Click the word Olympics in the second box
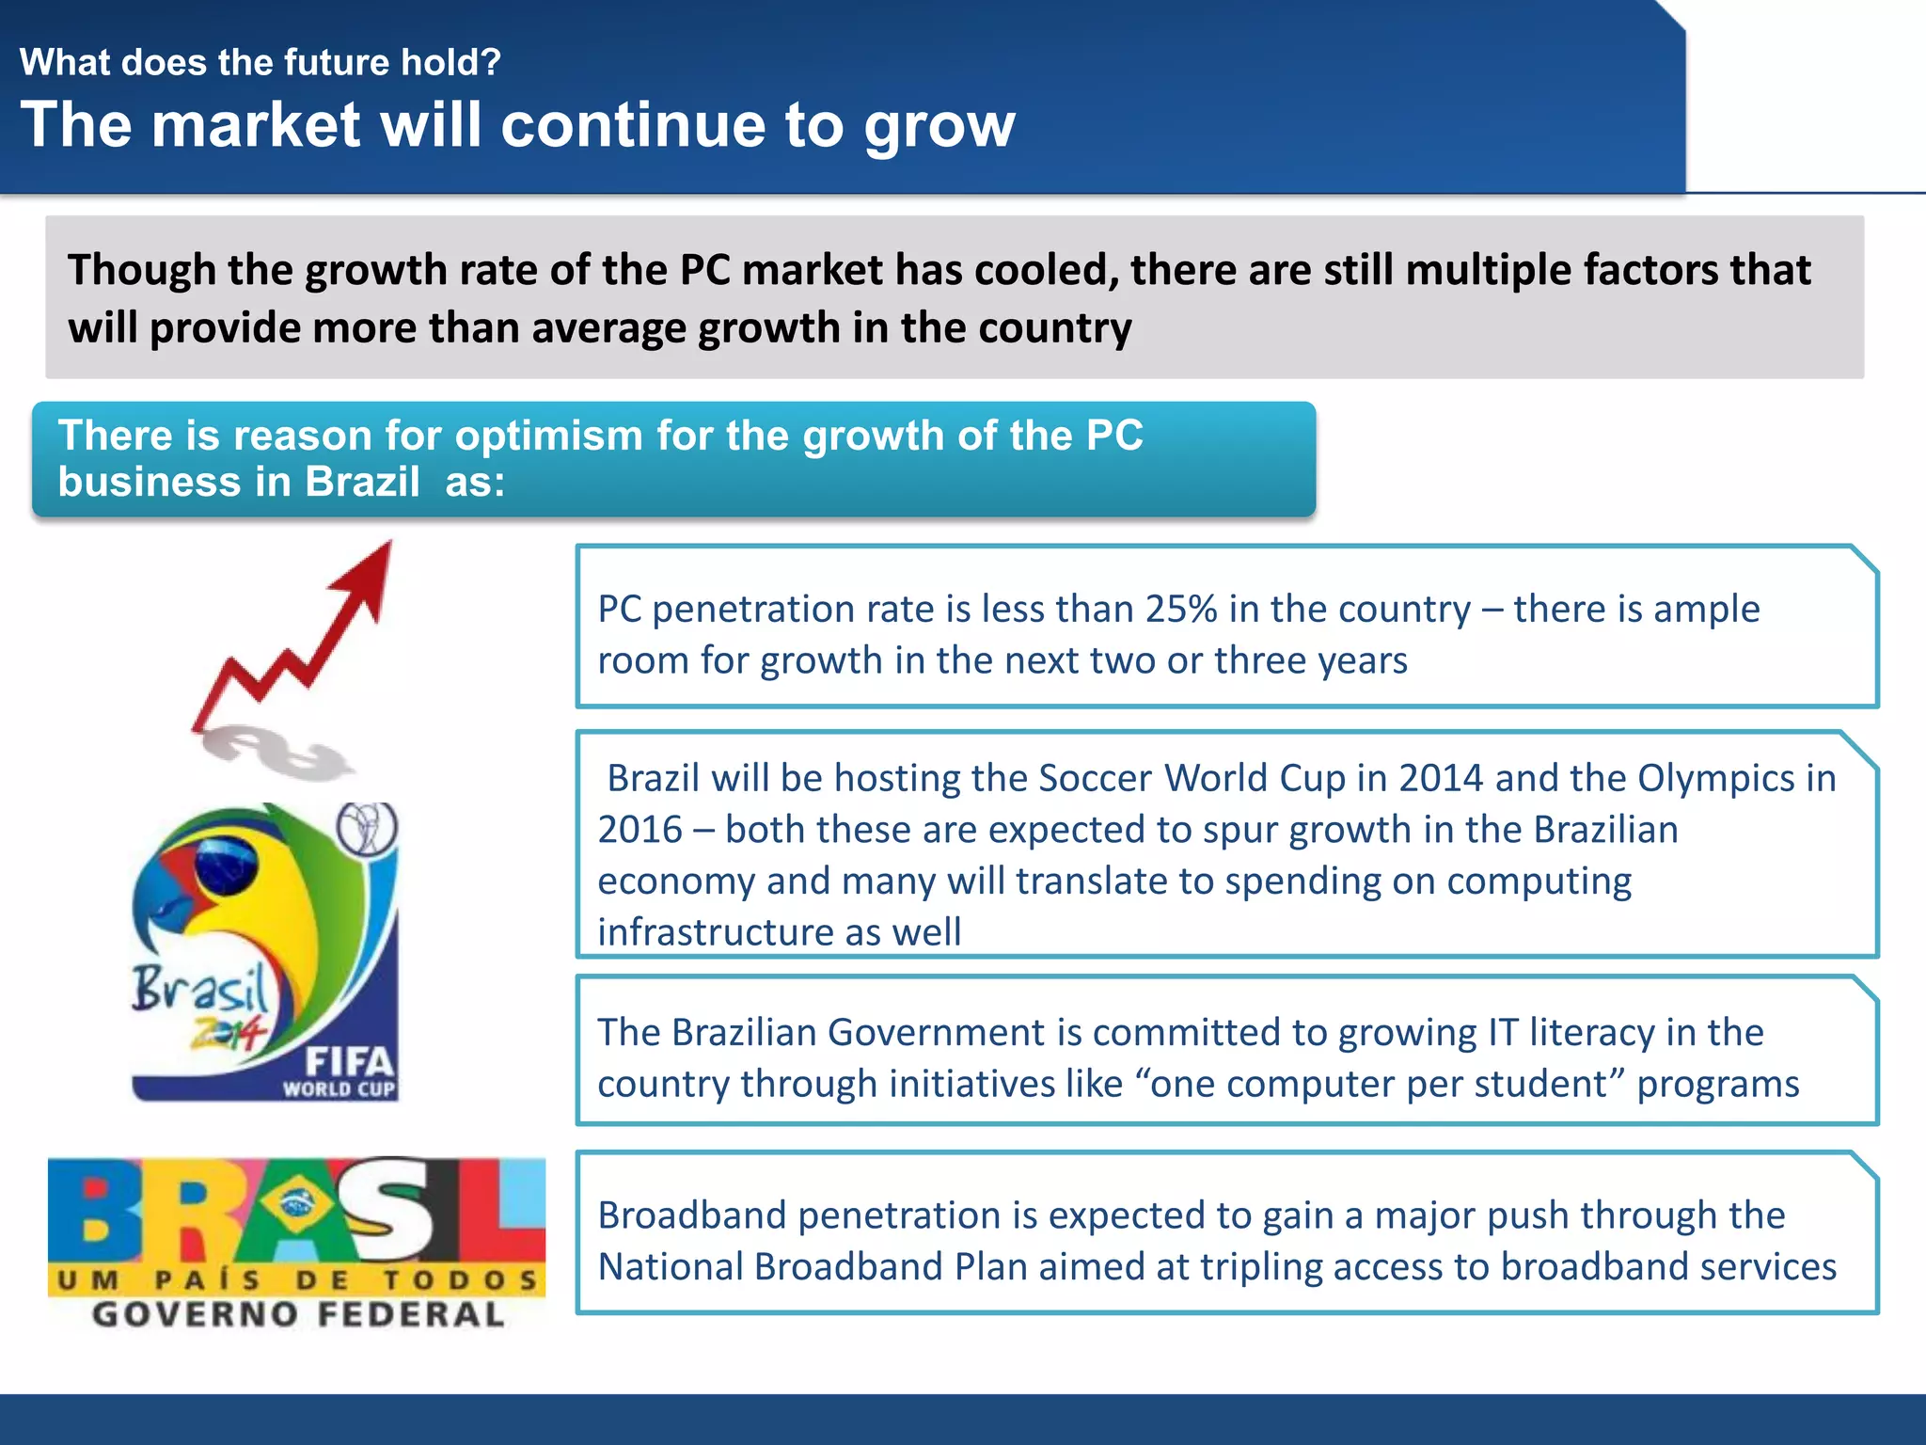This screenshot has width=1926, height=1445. [1716, 779]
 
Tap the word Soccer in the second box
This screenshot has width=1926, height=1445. [1096, 779]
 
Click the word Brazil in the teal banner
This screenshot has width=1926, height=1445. [362, 483]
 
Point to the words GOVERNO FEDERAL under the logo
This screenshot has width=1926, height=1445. [298, 1314]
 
